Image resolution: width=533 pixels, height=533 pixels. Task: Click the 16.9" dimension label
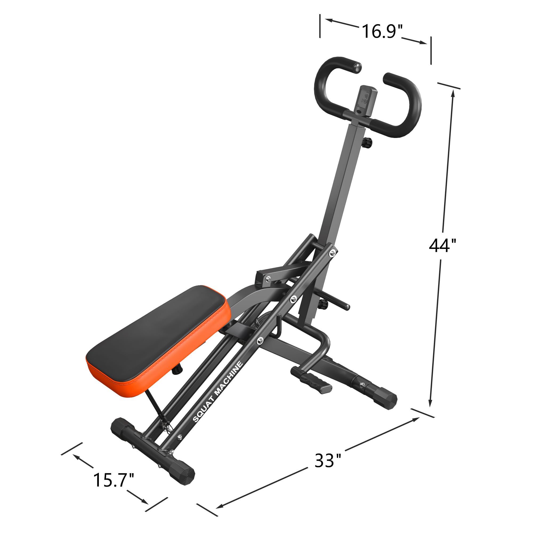(382, 31)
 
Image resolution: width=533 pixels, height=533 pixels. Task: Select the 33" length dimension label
(328, 461)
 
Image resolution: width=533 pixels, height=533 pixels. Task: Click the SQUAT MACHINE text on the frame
(218, 392)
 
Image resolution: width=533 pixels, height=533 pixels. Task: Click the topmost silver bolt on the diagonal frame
(332, 252)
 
